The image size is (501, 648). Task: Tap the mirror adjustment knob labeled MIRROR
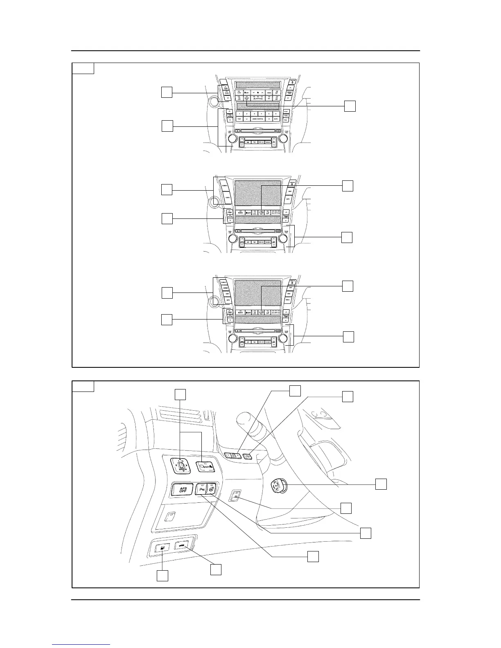[180, 466]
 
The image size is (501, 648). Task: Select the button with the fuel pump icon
[163, 547]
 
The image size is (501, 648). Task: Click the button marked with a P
[201, 488]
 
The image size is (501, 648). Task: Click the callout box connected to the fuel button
[162, 576]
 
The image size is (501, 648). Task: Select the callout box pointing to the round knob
[381, 484]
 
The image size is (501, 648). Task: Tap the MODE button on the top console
[269, 92]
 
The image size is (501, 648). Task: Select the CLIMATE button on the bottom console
[225, 282]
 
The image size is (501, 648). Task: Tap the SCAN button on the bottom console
[268, 342]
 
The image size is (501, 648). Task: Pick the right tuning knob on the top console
[282, 138]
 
